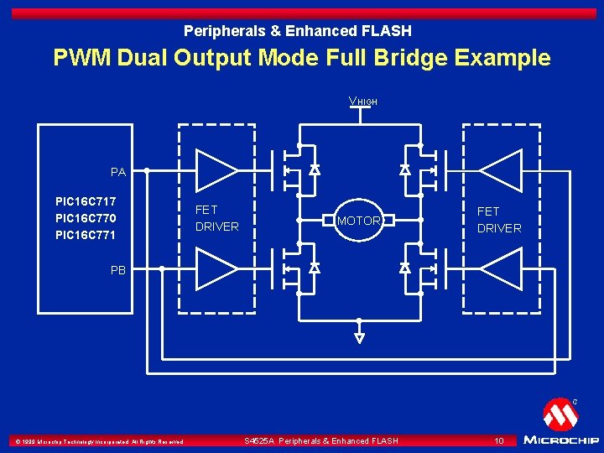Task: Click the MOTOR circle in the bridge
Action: coord(359,221)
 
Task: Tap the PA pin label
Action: coord(118,172)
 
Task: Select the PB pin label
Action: coord(118,270)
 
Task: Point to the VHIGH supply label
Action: coord(363,102)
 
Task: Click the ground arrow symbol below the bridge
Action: coord(359,338)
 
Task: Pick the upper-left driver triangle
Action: coord(216,170)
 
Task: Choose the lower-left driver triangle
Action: coord(216,269)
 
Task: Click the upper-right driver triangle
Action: coord(501,170)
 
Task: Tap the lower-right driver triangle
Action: coord(501,269)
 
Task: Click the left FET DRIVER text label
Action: coord(216,218)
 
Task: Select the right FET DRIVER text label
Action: coord(499,220)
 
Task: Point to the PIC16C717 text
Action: coord(86,202)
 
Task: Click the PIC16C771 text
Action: coord(86,236)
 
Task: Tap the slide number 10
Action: coord(498,440)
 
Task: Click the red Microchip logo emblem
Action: coord(560,414)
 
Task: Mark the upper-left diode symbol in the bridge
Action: coord(315,169)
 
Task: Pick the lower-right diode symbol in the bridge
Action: coord(404,268)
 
